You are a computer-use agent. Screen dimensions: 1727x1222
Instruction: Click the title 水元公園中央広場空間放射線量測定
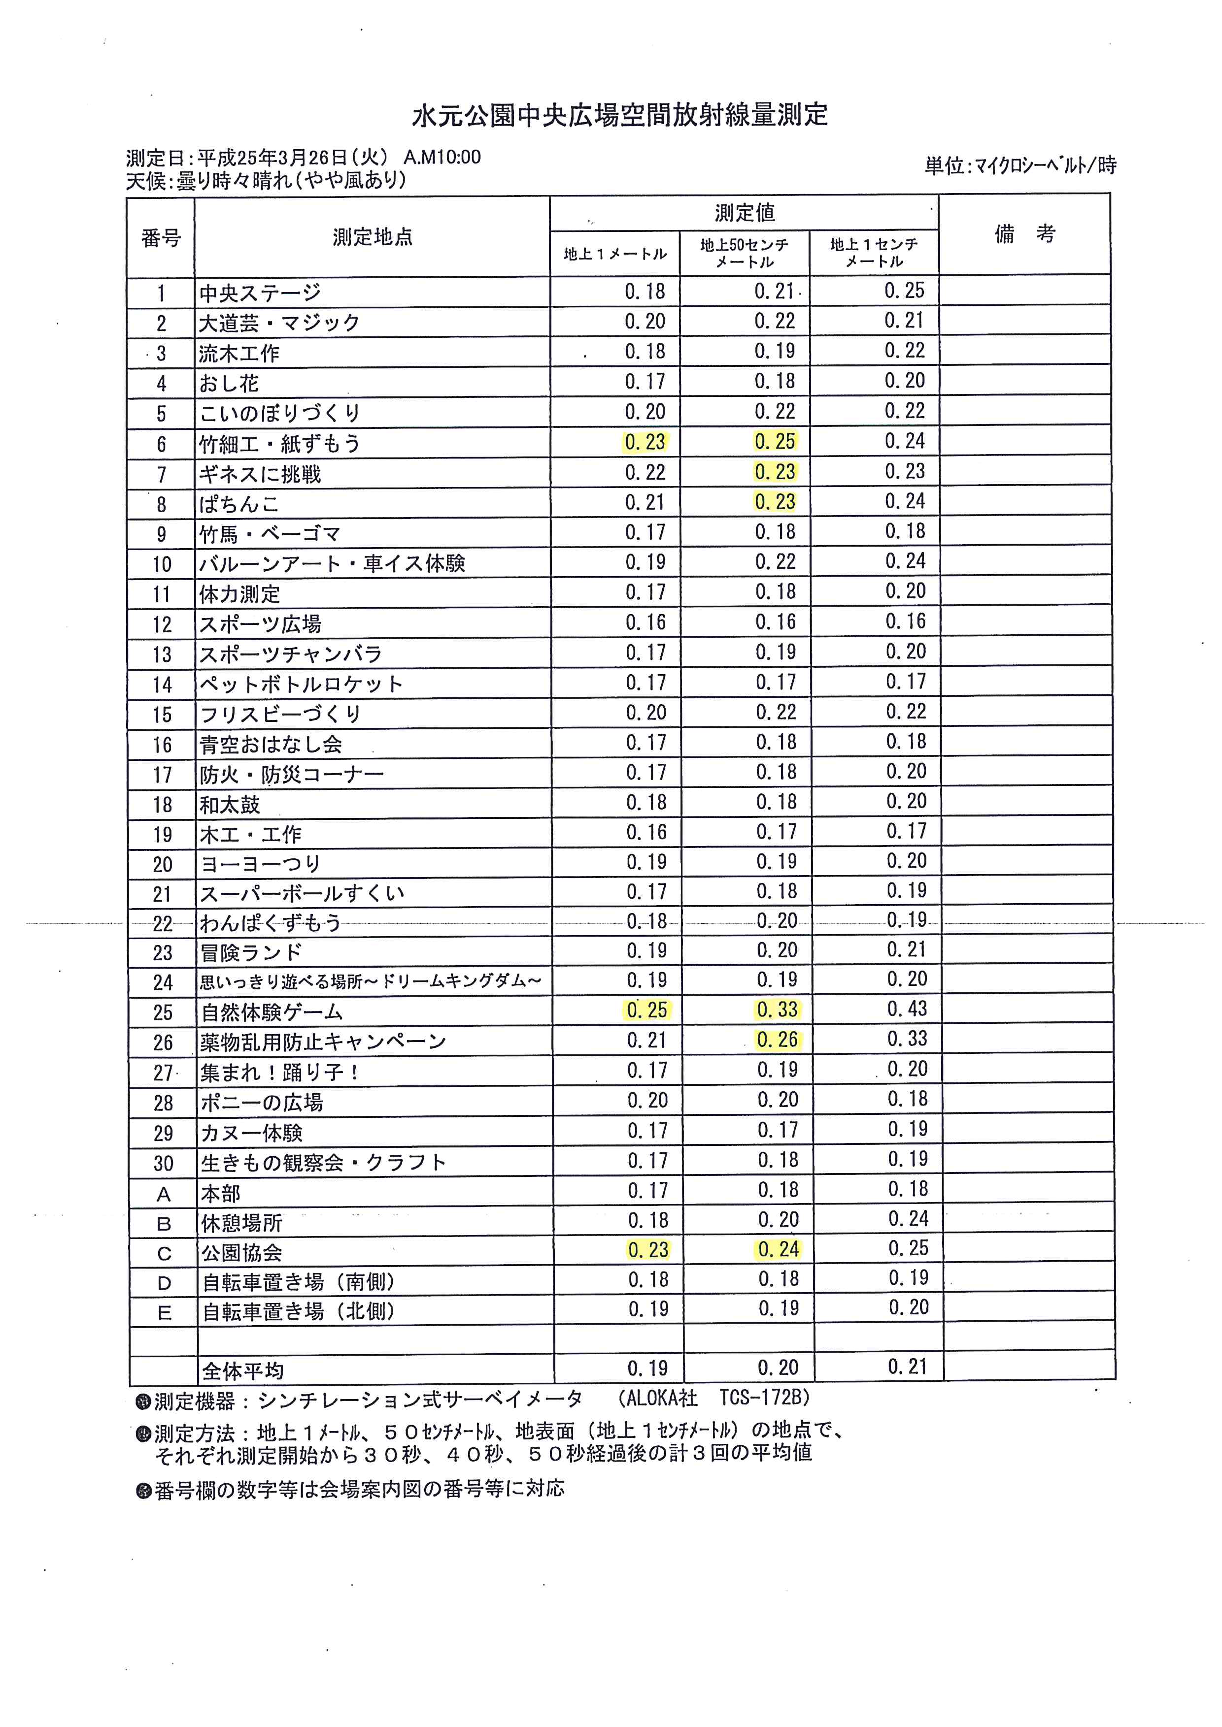pyautogui.click(x=619, y=115)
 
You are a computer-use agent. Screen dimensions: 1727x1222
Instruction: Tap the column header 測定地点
pyautogui.click(x=373, y=238)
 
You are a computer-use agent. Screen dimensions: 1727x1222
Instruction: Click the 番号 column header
pyautogui.click(x=161, y=238)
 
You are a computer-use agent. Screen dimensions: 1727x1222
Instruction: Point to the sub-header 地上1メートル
pyautogui.click(x=615, y=254)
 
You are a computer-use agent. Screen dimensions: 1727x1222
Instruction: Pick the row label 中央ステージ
pyautogui.click(x=260, y=293)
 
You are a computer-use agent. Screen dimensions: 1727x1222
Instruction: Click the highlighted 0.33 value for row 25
pyautogui.click(x=777, y=1010)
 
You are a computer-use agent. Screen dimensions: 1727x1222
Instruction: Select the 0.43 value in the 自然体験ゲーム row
pyautogui.click(x=907, y=1009)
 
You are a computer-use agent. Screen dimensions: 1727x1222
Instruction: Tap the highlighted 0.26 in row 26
pyautogui.click(x=777, y=1040)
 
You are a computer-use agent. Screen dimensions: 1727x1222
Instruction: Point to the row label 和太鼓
pyautogui.click(x=230, y=805)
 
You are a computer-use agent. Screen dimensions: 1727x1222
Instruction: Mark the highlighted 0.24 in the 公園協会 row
pyautogui.click(x=778, y=1249)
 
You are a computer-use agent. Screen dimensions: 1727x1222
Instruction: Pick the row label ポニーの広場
pyautogui.click(x=261, y=1103)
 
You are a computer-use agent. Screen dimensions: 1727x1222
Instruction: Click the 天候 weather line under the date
pyautogui.click(x=267, y=181)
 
